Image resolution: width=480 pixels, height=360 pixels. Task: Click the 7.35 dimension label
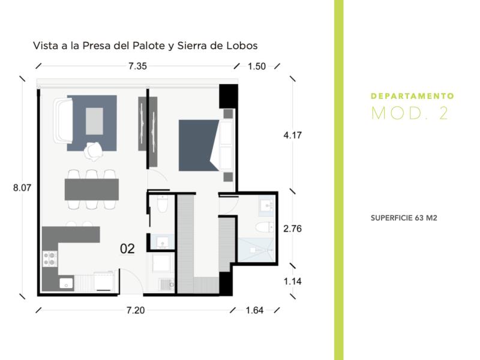tap(137, 66)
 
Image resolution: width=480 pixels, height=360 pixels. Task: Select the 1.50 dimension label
tap(257, 67)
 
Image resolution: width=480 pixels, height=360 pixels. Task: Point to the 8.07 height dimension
tap(22, 187)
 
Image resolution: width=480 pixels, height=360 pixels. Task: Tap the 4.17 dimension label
tap(292, 135)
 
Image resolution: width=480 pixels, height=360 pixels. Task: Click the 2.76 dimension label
tap(292, 229)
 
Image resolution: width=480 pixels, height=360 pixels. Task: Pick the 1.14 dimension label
tap(292, 281)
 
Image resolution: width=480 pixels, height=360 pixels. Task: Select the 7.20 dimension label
tap(136, 310)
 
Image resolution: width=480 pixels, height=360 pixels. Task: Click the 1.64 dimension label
tap(254, 310)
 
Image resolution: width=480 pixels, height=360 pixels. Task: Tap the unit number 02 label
tap(127, 249)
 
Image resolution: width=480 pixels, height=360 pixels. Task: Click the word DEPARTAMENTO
tap(412, 96)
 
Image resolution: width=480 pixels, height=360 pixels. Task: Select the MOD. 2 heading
tap(410, 113)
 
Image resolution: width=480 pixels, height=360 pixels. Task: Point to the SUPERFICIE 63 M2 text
tap(404, 218)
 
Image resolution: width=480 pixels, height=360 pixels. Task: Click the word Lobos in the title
tap(242, 46)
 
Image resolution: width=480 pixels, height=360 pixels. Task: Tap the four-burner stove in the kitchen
tap(50, 259)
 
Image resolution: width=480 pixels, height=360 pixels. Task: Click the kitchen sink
tap(66, 283)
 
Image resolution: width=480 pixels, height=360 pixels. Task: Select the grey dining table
tap(92, 190)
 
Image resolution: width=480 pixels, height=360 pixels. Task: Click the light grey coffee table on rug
tap(94, 121)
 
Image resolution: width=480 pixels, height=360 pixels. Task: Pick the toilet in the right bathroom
tap(265, 227)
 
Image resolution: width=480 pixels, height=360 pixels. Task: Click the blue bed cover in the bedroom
tap(199, 145)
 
